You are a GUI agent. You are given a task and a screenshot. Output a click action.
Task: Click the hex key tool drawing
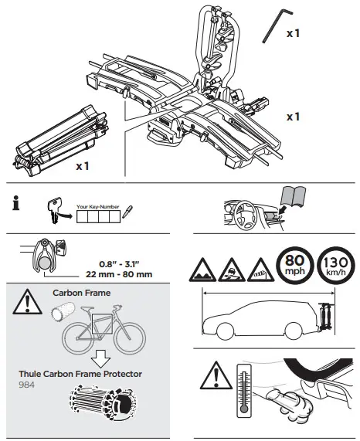273,28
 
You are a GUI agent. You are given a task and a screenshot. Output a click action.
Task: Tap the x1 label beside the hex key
294,33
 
